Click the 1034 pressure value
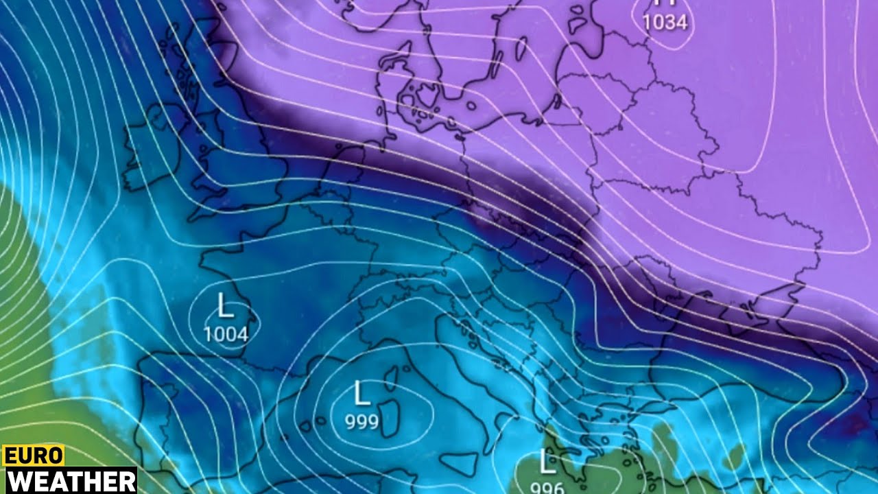point(665,23)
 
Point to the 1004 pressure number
point(226,335)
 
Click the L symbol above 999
point(361,394)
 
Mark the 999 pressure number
point(361,421)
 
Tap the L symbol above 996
point(547,462)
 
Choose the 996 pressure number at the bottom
point(547,488)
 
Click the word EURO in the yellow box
point(33,456)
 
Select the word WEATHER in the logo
point(68,480)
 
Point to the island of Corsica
point(392,377)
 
